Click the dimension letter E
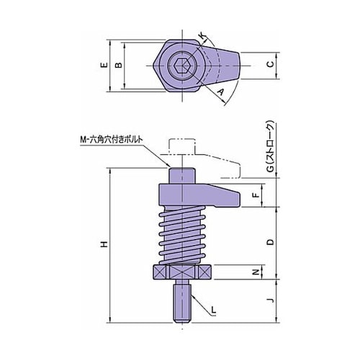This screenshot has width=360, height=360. (x=104, y=65)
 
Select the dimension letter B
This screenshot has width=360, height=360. (x=119, y=65)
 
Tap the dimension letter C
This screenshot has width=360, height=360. (x=271, y=64)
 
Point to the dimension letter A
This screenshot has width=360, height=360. (x=220, y=91)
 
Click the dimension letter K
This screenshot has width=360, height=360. (x=203, y=37)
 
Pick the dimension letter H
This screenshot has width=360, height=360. (x=104, y=244)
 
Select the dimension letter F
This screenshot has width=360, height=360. (x=257, y=195)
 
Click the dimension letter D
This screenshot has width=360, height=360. (x=271, y=242)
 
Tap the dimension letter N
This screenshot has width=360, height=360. (x=257, y=272)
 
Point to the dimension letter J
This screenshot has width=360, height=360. (x=271, y=300)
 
